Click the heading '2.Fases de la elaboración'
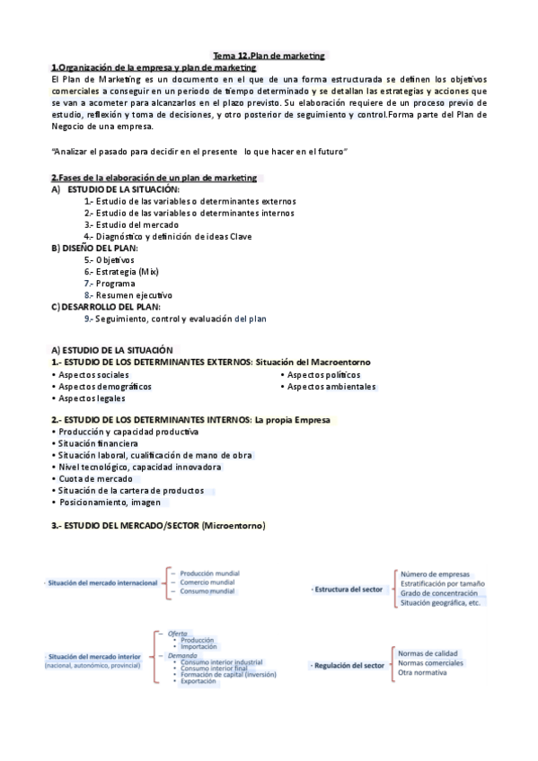(154, 178)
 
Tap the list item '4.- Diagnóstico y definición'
(168, 236)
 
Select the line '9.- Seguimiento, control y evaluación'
(175, 318)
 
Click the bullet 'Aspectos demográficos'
(103, 386)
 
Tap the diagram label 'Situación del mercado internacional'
(101, 582)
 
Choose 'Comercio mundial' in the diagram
(207, 582)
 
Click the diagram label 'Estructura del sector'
(348, 589)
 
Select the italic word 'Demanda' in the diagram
(183, 656)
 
